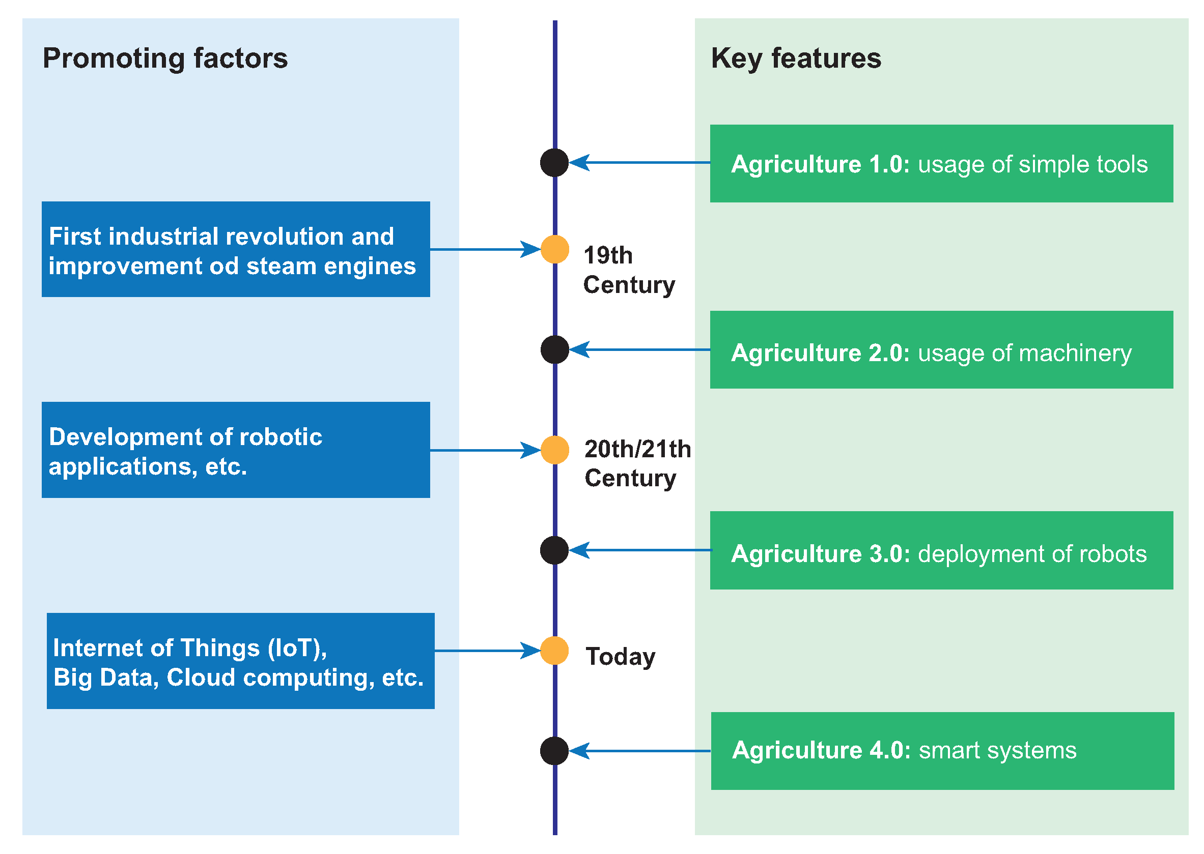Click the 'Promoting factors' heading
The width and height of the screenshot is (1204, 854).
coord(165,58)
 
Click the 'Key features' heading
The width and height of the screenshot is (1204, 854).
coord(796,58)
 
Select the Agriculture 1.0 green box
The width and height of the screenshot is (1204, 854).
coord(941,164)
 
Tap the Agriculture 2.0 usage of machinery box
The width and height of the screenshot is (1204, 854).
coord(941,350)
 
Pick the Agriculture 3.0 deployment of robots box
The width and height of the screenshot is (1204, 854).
coord(941,550)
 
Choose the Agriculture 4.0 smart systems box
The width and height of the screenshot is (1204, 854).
coord(942,750)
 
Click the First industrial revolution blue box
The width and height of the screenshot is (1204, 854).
coord(236,249)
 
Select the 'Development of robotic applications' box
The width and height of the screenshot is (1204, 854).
coord(236,450)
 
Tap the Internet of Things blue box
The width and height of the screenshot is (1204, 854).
coord(240,661)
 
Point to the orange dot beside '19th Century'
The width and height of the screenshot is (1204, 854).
coord(554,249)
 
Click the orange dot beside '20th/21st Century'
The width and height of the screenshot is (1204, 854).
coord(554,450)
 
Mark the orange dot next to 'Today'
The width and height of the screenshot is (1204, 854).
coord(554,651)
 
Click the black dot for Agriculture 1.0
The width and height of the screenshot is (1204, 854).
coord(554,162)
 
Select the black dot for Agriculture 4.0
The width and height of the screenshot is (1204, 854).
coord(554,750)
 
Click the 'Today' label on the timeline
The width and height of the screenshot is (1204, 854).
coord(621,657)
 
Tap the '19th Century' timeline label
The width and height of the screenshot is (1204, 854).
coord(628,270)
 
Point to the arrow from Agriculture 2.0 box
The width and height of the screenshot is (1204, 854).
coord(639,350)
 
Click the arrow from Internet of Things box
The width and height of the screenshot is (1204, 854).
coord(487,651)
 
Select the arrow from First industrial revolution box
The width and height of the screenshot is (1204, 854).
coord(485,249)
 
